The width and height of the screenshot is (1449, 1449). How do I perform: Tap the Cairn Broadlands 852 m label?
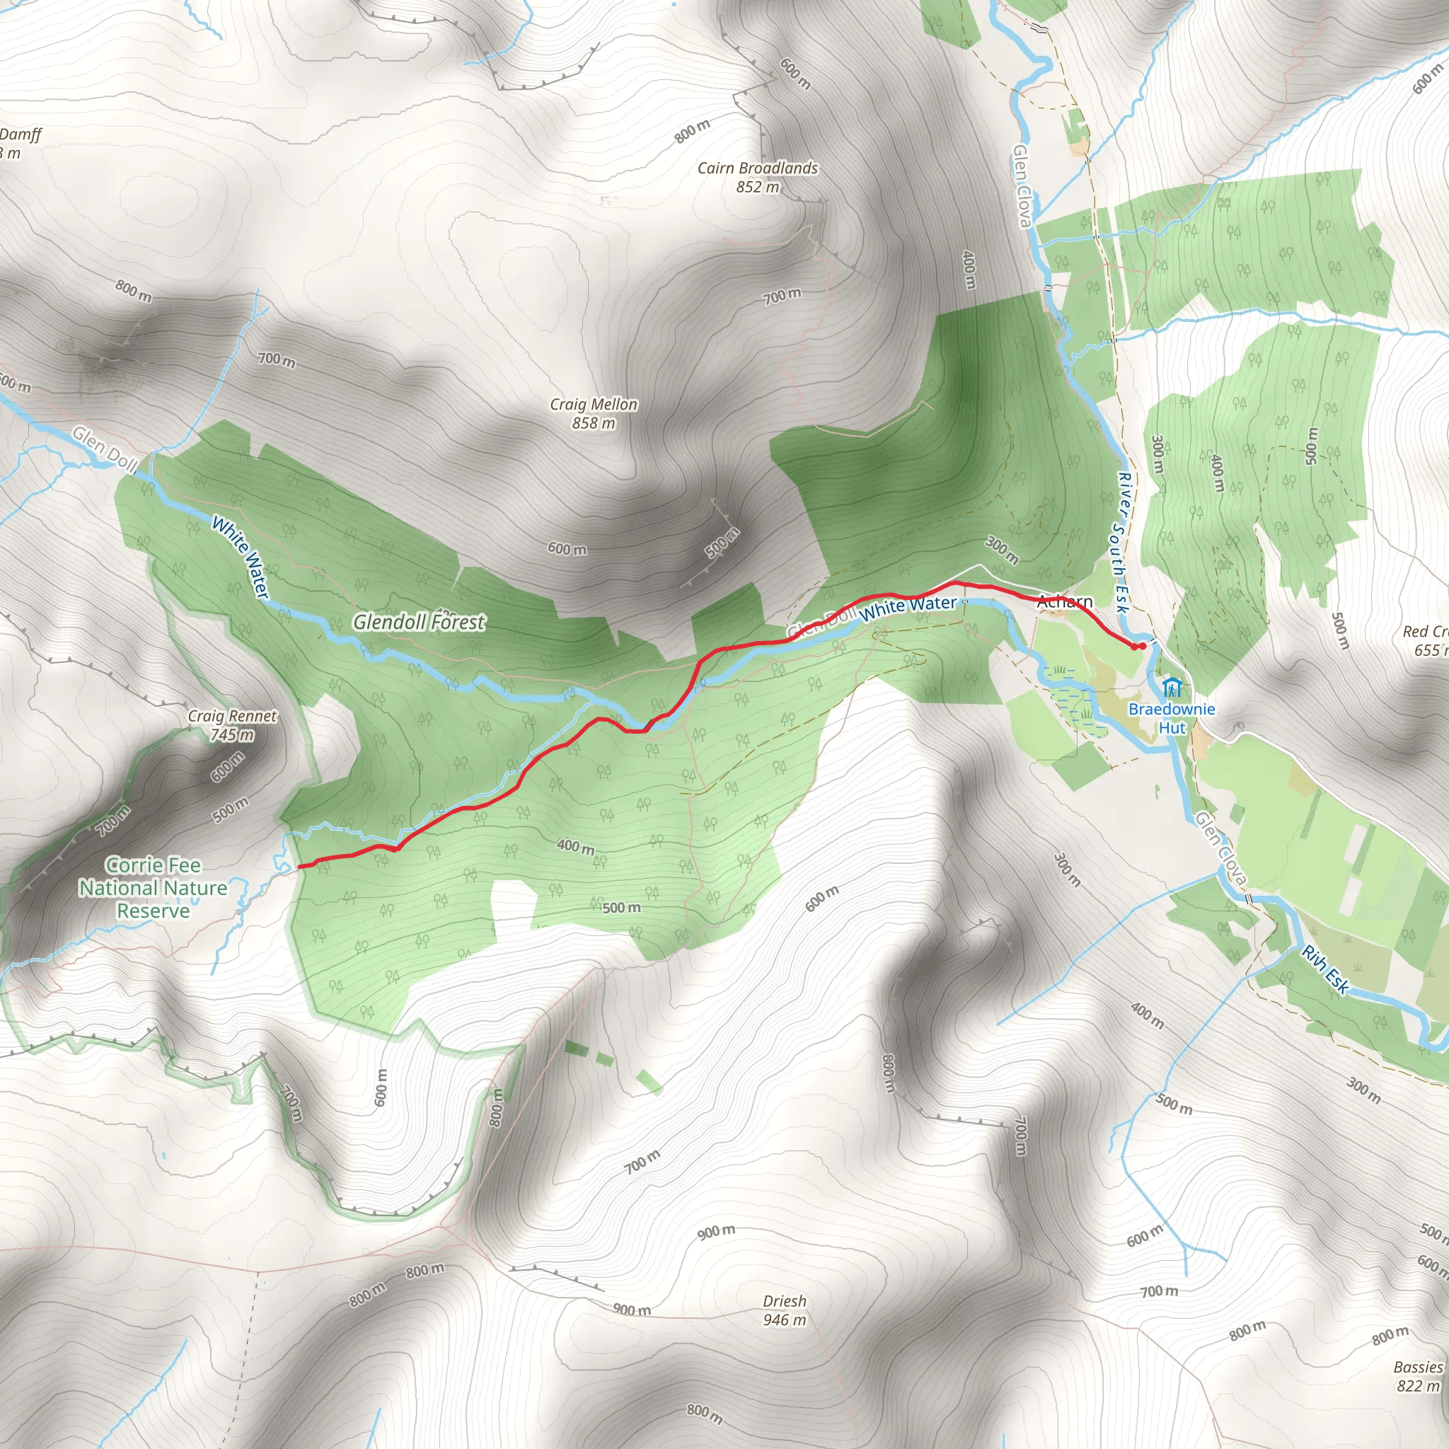pos(758,177)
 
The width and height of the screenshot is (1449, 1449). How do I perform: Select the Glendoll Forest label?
pos(419,622)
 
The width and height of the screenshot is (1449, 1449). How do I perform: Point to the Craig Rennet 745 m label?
pos(232,725)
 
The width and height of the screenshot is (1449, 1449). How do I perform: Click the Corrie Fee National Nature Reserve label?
pos(153,888)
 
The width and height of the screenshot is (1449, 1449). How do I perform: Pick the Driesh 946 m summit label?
pos(785,1310)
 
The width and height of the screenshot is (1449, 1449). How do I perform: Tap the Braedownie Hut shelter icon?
pos(1172,687)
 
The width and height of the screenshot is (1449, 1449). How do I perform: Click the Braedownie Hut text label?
pos(1172,717)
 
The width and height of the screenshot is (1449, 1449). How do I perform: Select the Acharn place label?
pos(1064,601)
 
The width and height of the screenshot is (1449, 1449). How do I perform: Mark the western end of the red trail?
pos(300,867)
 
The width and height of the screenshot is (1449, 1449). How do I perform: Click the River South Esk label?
pos(1121,541)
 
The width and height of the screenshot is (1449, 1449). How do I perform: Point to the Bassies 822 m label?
pos(1419,1376)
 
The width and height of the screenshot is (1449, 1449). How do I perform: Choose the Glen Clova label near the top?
pos(1022,185)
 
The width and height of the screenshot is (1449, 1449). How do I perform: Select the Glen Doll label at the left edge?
pos(104,449)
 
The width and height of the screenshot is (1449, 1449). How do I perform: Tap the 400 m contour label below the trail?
pos(576,847)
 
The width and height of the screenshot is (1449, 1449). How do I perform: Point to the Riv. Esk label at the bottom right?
pos(1325,970)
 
